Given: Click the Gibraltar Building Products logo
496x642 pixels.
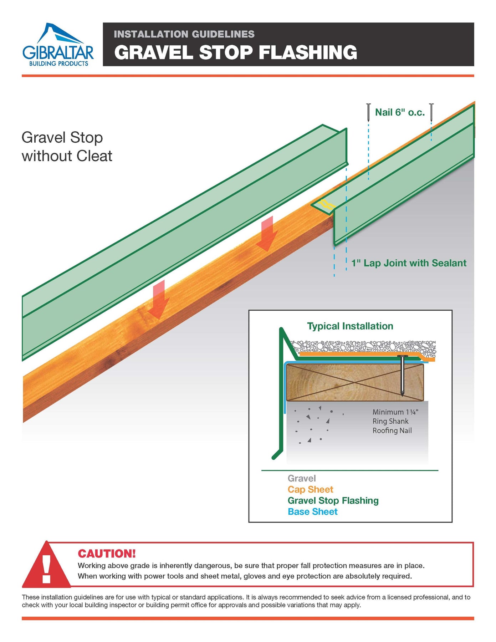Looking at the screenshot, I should click(x=58, y=45).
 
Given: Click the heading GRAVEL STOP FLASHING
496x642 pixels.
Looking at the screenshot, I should click(x=235, y=52).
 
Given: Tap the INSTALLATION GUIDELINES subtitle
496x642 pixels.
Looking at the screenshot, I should click(x=184, y=34).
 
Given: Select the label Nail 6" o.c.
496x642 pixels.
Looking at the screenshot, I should click(x=400, y=113).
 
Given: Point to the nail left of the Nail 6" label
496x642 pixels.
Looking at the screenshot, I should click(x=368, y=112).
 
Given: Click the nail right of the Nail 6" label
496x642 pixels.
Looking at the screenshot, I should click(x=431, y=112).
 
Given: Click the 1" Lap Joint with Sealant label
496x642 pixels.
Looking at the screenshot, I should click(x=409, y=263).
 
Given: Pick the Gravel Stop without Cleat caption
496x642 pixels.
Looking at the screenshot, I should click(x=67, y=147).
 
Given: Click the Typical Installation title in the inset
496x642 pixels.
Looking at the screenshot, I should click(x=350, y=326).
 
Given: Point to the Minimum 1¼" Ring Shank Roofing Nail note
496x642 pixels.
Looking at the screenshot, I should click(x=395, y=421).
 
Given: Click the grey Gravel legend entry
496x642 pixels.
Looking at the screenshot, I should click(x=302, y=478).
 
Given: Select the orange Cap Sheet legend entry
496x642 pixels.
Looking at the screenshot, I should click(x=310, y=489).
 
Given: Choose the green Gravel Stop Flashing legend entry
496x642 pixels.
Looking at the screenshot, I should click(x=333, y=500).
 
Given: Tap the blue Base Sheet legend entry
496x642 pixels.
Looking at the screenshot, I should click(x=312, y=511).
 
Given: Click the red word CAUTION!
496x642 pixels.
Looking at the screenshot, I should click(x=107, y=554).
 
